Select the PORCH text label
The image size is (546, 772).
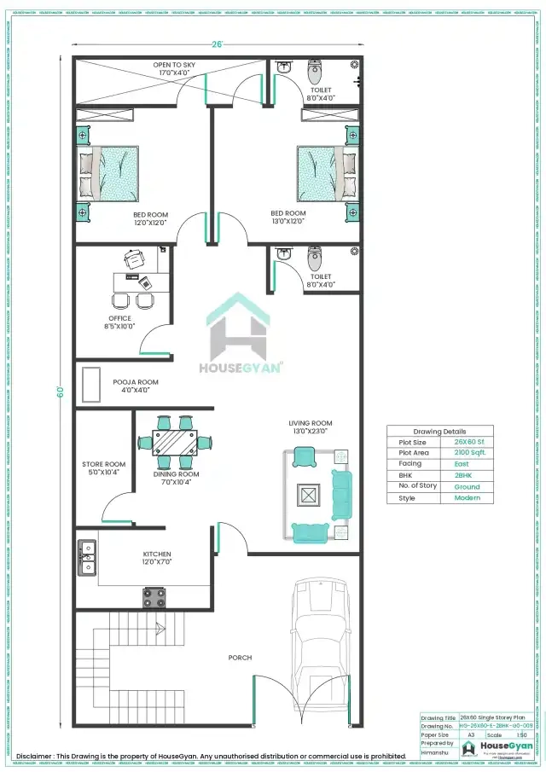tap(239, 658)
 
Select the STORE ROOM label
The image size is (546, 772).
tap(103, 465)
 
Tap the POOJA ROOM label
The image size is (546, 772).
tap(136, 382)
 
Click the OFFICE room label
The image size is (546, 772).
tap(119, 319)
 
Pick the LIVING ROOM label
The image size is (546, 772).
tap(310, 423)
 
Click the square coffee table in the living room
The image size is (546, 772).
tap(306, 495)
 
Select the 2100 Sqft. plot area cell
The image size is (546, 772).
tap(466, 453)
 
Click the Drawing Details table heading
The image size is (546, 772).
tap(439, 432)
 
